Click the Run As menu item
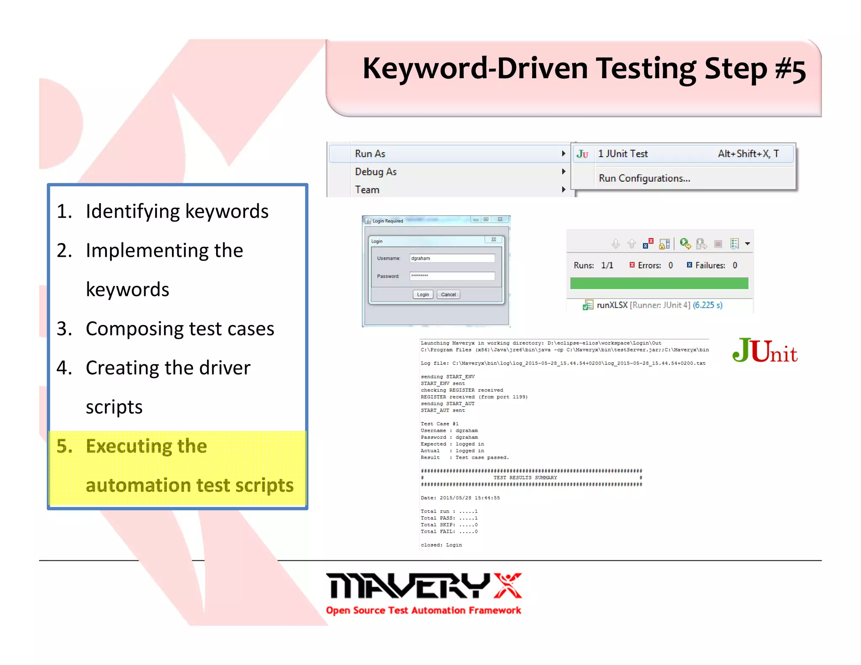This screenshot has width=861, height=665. [370, 154]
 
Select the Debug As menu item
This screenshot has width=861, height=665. [375, 172]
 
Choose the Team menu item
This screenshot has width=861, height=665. [367, 190]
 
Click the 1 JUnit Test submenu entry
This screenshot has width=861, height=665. [623, 154]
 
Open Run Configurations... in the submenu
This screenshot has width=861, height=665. [644, 178]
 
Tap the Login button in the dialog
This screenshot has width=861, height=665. [423, 295]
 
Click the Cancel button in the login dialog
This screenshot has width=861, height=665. [448, 295]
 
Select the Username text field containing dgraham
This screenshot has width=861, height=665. [452, 258]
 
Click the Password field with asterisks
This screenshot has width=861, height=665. [452, 276]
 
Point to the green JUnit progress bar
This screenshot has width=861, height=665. [659, 283]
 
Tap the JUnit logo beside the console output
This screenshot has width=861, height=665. [764, 351]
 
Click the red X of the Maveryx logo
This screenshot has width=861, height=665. [507, 585]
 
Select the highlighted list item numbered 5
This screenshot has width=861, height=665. [177, 466]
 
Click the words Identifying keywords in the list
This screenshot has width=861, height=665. [177, 211]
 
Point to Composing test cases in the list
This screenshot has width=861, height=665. [180, 329]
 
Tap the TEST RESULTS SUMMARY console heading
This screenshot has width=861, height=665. [525, 478]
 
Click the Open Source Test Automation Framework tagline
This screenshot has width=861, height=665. [423, 610]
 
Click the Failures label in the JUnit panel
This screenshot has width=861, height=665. [710, 265]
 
